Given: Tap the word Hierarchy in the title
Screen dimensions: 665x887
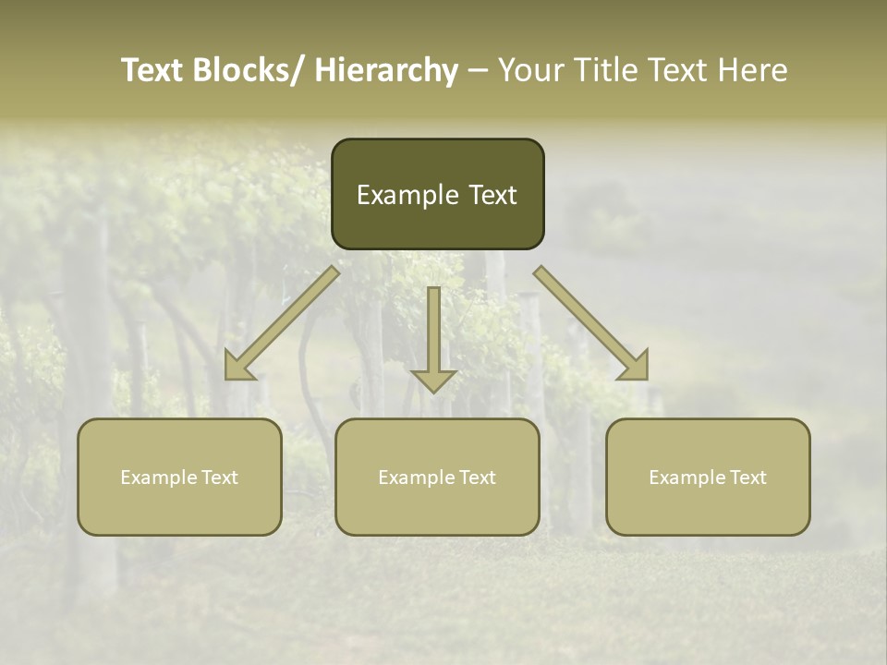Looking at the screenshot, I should (x=386, y=70).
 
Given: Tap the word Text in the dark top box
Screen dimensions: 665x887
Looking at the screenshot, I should (x=492, y=195).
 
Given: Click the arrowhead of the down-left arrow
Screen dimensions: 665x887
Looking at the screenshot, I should (x=238, y=367).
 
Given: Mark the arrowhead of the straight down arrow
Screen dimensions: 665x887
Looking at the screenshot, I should (x=433, y=380).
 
